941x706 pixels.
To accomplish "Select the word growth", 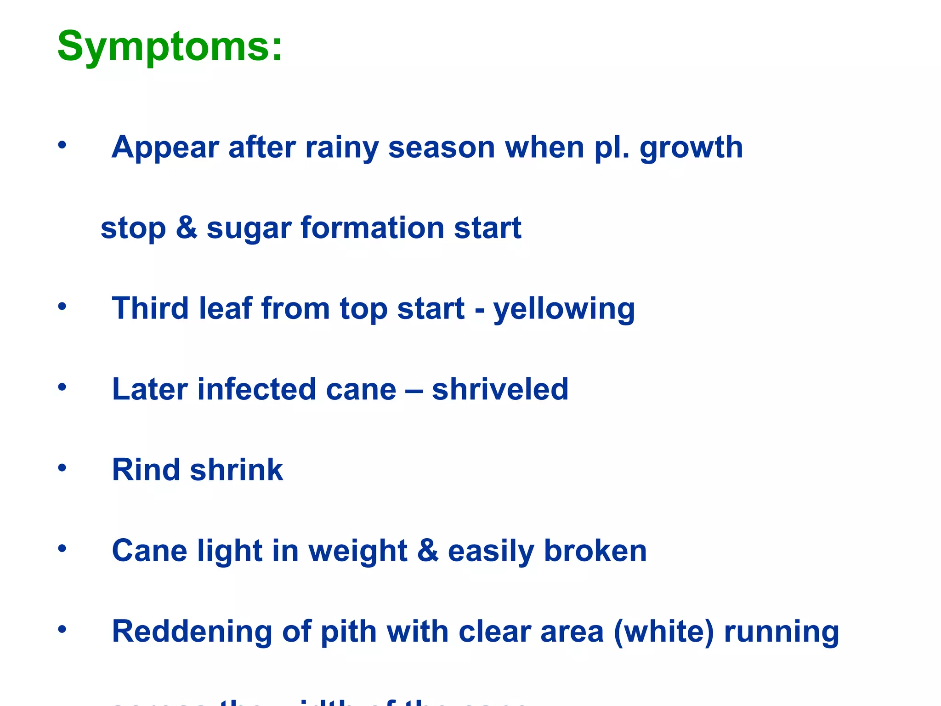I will point(691,148).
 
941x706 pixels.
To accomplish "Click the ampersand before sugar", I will point(186,228).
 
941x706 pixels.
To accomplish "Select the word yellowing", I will point(564,309).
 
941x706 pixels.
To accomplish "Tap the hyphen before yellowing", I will point(479,309).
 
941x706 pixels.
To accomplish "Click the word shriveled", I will point(500,389).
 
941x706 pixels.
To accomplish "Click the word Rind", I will point(146,470).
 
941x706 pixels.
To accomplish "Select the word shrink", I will point(237,470).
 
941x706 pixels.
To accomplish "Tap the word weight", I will point(357,551).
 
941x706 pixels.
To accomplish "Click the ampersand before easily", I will point(428,551).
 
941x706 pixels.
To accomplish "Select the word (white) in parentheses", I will point(663,631).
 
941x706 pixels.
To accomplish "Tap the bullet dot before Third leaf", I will point(62,307).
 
